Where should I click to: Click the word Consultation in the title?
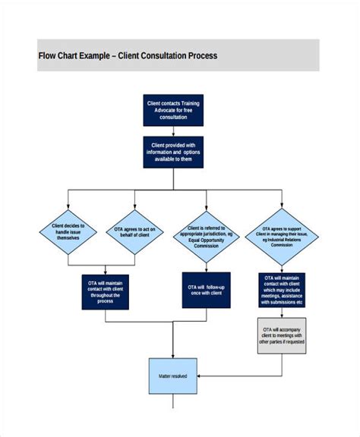coord(165,55)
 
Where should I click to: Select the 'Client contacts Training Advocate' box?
coord(173,110)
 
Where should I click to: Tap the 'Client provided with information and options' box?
coord(173,152)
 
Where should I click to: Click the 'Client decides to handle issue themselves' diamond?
coord(68,231)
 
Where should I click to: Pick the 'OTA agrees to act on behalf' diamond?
coord(134,231)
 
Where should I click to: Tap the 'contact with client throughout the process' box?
coord(106,291)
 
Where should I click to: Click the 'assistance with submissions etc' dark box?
coord(283,291)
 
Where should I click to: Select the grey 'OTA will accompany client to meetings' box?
coord(283,335)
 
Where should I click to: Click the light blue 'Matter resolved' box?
coord(173,376)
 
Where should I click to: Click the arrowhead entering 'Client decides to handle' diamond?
coord(68,206)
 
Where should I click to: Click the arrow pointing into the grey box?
coord(283,314)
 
